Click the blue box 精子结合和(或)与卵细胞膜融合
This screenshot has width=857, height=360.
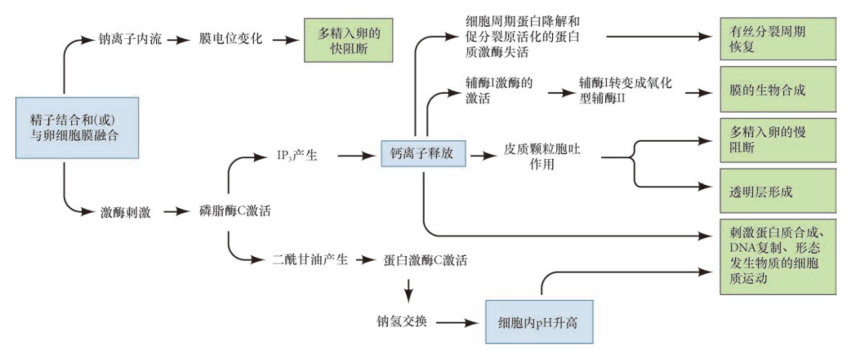tap(77, 128)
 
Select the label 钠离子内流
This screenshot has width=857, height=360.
tap(130, 39)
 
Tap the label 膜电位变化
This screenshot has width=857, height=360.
tap(231, 39)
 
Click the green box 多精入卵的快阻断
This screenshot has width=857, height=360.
tap(348, 40)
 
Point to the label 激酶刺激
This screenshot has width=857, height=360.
tap(125, 212)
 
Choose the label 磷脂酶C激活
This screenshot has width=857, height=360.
tap(235, 211)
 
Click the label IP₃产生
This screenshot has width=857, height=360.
tap(297, 155)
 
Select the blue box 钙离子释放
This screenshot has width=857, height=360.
tap(423, 154)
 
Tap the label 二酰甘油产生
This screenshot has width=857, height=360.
tap(310, 260)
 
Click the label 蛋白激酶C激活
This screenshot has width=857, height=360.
tap(425, 261)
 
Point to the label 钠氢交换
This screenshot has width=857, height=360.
tap(401, 322)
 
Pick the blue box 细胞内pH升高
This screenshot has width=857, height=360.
tap(539, 322)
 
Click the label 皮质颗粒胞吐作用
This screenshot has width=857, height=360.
tap(542, 156)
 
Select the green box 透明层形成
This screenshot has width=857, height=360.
tap(777, 191)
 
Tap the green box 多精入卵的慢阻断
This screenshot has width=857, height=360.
tap(777, 140)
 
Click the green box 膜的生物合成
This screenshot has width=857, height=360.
tap(777, 90)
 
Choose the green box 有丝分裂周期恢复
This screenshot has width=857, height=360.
tap(777, 39)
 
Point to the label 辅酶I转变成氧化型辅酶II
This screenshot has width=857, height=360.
tap(625, 90)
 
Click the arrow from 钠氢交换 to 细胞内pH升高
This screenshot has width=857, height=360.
tap(457, 323)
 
